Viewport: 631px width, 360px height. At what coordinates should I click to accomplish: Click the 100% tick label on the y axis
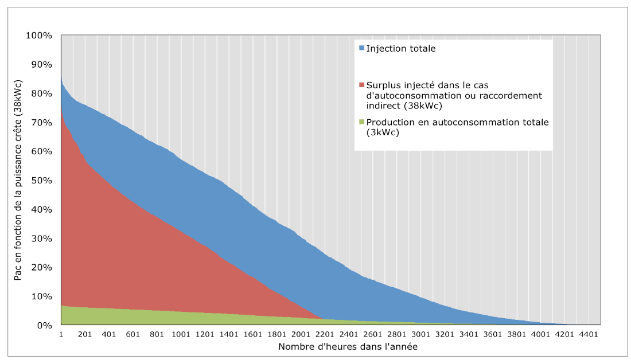39,36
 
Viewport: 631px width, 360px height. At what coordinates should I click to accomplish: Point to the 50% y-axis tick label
41,180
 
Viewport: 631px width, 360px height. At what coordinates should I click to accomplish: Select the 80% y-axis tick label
41,93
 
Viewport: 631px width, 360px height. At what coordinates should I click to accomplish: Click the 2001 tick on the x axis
301,334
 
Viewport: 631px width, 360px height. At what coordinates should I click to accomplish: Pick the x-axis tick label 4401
589,334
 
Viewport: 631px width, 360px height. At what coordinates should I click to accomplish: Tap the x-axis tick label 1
61,334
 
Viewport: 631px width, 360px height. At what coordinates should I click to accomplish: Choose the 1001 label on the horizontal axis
181,334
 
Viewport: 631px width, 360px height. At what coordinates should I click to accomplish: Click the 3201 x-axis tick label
445,334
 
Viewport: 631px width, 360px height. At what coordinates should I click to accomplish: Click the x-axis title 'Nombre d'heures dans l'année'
348,346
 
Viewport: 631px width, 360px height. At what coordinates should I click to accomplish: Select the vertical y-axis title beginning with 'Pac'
18,180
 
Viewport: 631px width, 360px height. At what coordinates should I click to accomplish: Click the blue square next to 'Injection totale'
362,48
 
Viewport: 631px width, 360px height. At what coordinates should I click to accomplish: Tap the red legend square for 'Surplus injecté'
362,85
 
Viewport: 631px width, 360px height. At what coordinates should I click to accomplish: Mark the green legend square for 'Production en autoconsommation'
362,122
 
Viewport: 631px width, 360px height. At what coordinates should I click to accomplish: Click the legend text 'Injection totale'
401,49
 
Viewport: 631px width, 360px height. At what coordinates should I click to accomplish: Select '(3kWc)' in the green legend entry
383,132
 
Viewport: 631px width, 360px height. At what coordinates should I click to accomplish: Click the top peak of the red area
61,106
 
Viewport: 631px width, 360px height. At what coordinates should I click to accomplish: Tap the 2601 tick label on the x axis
373,334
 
